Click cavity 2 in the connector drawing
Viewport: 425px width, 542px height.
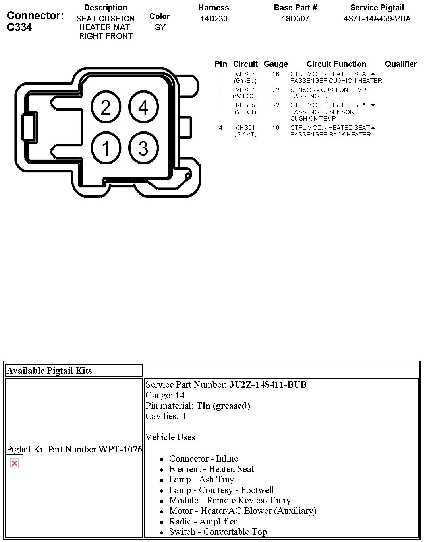pos(106,107)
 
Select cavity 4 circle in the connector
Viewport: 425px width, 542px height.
pos(143,107)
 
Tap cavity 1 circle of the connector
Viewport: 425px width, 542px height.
pos(106,148)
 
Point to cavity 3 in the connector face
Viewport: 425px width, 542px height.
pos(143,148)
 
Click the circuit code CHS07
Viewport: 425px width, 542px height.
pos(245,74)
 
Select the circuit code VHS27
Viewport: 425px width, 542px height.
pos(245,90)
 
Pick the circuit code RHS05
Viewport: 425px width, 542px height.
pos(245,105)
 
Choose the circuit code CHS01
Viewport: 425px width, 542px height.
pos(245,128)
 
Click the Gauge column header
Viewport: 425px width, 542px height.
pos(276,64)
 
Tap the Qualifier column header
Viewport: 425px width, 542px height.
pos(401,64)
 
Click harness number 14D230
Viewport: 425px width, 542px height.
pos(214,19)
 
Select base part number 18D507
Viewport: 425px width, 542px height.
pos(296,19)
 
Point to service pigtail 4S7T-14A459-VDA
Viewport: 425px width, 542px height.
pos(377,19)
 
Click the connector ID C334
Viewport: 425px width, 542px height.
pos(19,27)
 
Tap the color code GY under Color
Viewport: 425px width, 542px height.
pos(160,27)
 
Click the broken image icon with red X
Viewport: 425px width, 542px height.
pos(15,464)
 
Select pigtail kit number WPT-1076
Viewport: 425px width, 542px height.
pos(120,449)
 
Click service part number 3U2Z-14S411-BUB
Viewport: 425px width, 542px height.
pos(268,385)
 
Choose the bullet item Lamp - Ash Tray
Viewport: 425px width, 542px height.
pos(201,480)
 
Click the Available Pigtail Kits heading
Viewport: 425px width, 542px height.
pos(49,370)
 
